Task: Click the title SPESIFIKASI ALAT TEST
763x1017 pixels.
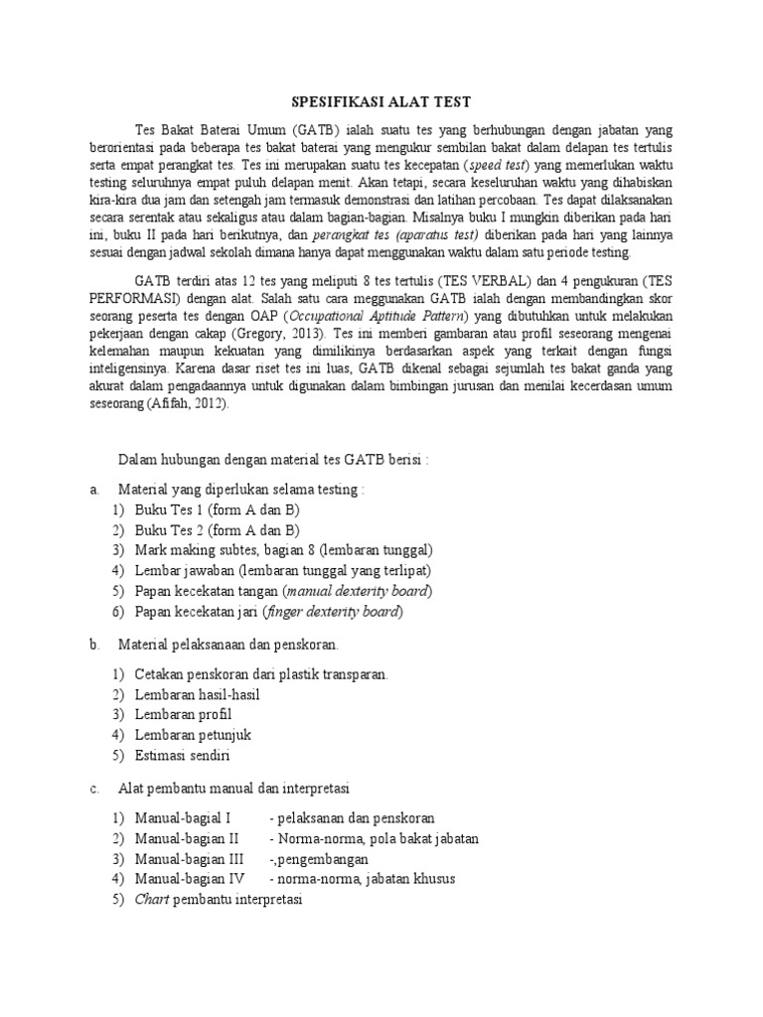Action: coord(381,101)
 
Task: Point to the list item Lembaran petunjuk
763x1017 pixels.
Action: coord(193,735)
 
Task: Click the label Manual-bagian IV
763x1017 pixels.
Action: coord(190,878)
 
